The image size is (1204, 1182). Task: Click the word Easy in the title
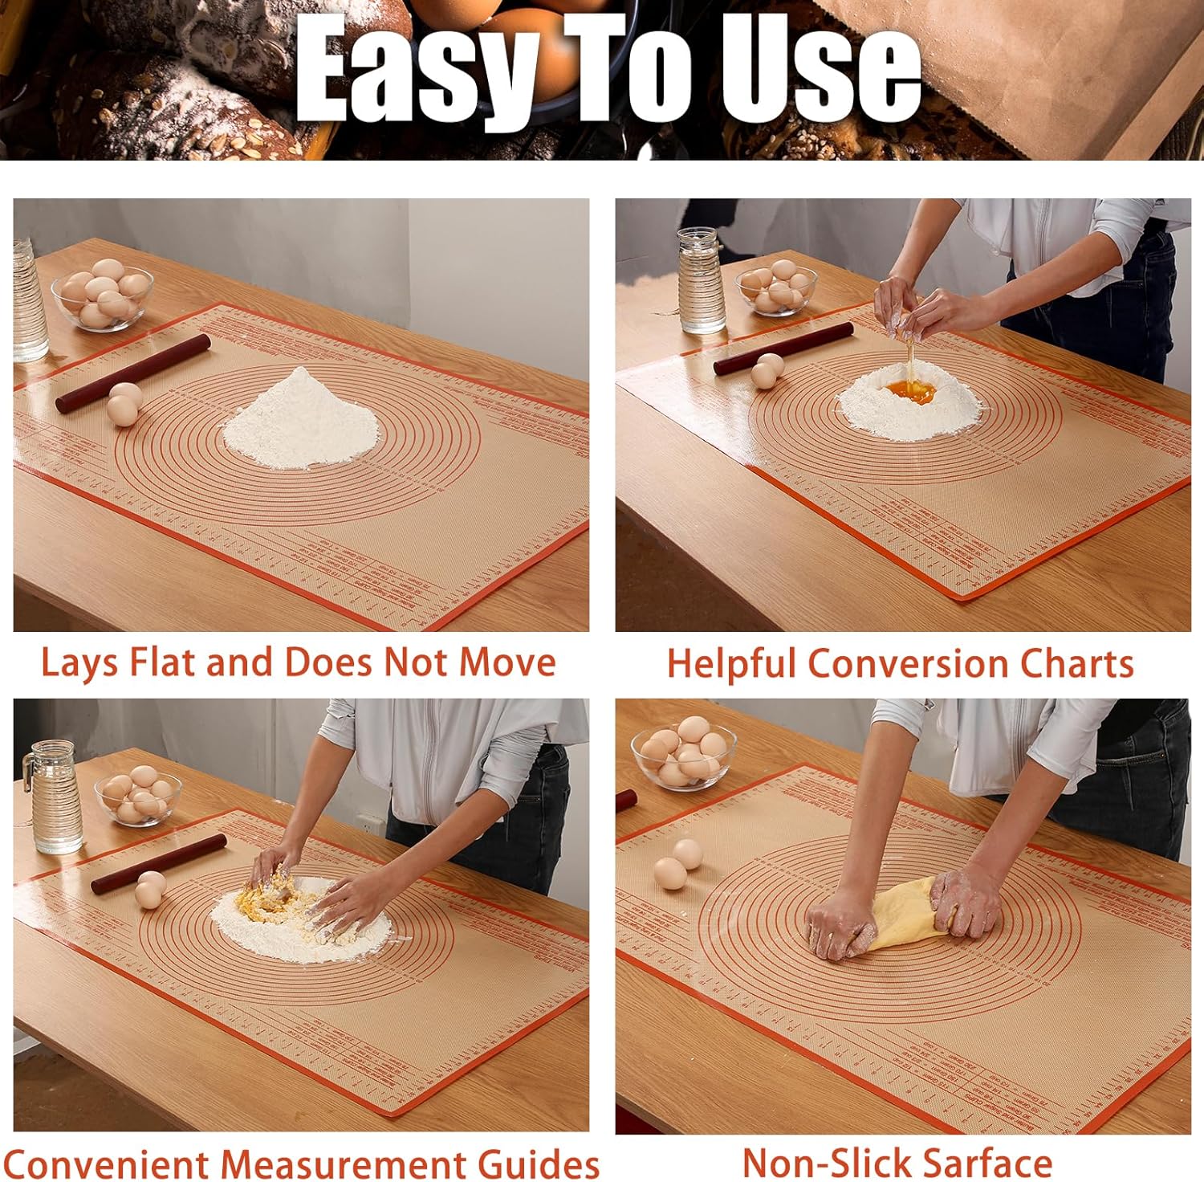[x=417, y=72]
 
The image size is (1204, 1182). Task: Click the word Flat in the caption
[x=165, y=662]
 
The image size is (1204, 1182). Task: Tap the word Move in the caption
[x=506, y=662]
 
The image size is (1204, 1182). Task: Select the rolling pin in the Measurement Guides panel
[x=159, y=864]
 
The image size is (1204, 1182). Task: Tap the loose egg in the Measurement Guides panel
[x=150, y=889]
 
